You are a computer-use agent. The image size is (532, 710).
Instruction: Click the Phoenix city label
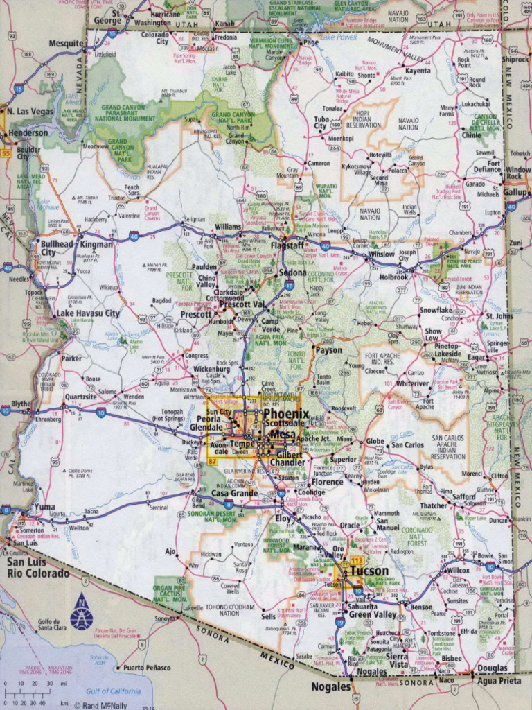click(x=285, y=414)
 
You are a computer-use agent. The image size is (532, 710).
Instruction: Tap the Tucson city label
click(x=369, y=571)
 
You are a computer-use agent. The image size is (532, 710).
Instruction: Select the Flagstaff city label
click(x=287, y=245)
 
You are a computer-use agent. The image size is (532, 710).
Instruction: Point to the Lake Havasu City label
click(x=87, y=313)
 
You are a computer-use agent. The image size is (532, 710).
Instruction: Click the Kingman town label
click(x=96, y=245)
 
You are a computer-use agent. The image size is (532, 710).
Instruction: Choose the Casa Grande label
click(x=234, y=493)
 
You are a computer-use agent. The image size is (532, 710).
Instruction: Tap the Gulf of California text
click(x=113, y=691)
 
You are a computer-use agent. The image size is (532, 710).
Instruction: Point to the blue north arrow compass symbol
click(x=81, y=611)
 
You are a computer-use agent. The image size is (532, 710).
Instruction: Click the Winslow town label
click(x=381, y=254)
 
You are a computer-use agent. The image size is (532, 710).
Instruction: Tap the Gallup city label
click(x=515, y=192)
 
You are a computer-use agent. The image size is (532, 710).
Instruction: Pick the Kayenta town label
click(x=418, y=71)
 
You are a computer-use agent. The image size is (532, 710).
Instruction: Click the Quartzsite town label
click(x=81, y=397)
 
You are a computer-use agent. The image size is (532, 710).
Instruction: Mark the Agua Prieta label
click(x=497, y=681)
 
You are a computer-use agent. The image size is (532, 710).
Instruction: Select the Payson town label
click(x=328, y=350)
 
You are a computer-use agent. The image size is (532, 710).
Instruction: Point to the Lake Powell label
click(x=339, y=37)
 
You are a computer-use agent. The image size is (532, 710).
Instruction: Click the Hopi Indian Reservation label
click(x=363, y=119)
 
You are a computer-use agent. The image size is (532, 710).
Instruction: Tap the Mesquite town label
click(x=66, y=44)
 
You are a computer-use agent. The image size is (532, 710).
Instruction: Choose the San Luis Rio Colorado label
click(x=38, y=568)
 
